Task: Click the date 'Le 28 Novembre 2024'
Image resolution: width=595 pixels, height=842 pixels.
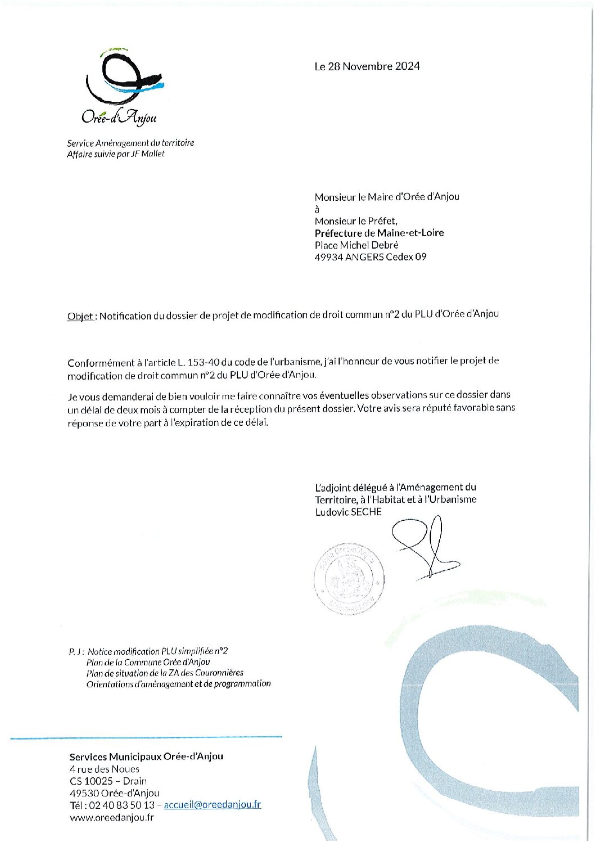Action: [367, 66]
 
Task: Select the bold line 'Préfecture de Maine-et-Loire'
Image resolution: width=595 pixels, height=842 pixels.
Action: [379, 233]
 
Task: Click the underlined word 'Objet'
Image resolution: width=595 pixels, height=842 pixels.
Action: [80, 316]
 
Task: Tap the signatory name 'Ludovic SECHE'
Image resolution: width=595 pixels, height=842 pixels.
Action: [348, 512]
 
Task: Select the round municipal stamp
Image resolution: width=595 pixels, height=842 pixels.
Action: [349, 578]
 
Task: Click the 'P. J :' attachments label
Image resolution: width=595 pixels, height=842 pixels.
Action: [76, 652]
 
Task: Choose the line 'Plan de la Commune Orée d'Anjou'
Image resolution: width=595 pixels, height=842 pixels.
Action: [148, 663]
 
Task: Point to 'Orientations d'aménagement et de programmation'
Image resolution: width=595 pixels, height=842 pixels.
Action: [178, 684]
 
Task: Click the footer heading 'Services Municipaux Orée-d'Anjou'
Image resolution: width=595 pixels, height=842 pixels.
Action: [146, 757]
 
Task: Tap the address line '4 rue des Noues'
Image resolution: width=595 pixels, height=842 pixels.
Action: [105, 769]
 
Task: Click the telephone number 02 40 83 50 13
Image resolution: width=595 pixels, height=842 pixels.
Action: [120, 805]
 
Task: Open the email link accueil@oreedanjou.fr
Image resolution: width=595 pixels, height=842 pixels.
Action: [212, 805]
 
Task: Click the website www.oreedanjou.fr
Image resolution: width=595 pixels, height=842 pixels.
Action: [112, 817]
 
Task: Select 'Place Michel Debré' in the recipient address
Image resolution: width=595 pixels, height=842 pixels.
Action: [357, 245]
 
